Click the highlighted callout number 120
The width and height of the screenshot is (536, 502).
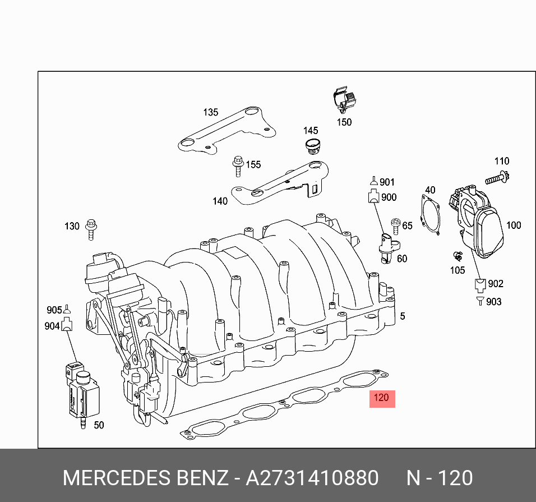pyautogui.click(x=381, y=398)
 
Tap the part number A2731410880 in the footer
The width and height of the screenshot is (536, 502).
pyautogui.click(x=312, y=478)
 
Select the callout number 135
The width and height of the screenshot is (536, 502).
pyautogui.click(x=210, y=113)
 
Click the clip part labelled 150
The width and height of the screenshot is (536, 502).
pyautogui.click(x=344, y=101)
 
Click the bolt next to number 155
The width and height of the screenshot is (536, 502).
pyautogui.click(x=238, y=166)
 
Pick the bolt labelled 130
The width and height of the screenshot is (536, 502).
pyautogui.click(x=90, y=229)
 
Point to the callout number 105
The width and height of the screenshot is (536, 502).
pyautogui.click(x=458, y=270)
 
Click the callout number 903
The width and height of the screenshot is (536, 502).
pyautogui.click(x=494, y=302)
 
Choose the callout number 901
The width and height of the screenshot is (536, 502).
pyautogui.click(x=387, y=182)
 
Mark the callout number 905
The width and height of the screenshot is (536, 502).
pyautogui.click(x=54, y=310)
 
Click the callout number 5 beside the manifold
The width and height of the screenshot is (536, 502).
pyautogui.click(x=402, y=316)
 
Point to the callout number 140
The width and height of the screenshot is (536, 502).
pyautogui.click(x=220, y=201)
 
